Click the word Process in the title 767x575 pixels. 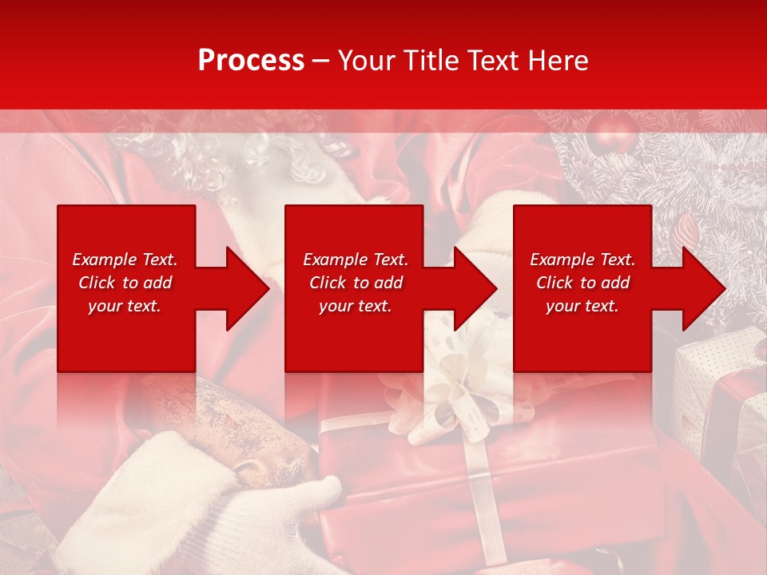[x=251, y=61]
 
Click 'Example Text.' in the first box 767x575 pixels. [x=125, y=260]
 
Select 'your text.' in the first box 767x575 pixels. [x=125, y=306]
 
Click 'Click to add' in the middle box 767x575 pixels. [x=355, y=283]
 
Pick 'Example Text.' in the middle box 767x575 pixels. [x=355, y=260]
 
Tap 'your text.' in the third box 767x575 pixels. [x=582, y=306]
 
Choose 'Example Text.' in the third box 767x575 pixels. [x=582, y=260]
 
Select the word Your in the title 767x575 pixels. [x=365, y=61]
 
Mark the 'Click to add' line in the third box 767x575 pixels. [x=582, y=283]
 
